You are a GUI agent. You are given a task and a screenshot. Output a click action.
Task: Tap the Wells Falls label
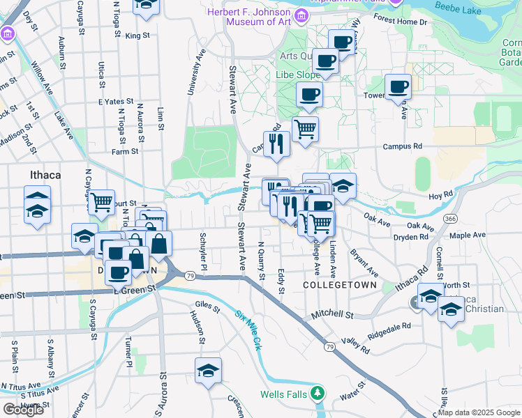tap(283, 394)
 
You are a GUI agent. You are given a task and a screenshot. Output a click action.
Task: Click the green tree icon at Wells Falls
tap(319, 394)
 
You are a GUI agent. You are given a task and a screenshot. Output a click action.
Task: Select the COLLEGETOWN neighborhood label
tap(340, 286)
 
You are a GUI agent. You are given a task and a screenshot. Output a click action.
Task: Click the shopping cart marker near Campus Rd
tap(305, 129)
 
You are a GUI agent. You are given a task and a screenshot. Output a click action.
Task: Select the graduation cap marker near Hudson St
tap(207, 371)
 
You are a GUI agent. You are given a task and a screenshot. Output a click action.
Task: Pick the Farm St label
tap(125, 150)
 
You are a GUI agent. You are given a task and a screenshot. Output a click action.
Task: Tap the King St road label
tap(138, 36)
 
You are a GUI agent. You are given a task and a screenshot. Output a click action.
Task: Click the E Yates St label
tap(115, 101)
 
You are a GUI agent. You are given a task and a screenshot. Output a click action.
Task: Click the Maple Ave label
tap(467, 235)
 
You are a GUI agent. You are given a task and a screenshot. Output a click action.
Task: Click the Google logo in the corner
tap(23, 409)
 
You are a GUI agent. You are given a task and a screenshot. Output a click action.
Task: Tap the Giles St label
tap(208, 304)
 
